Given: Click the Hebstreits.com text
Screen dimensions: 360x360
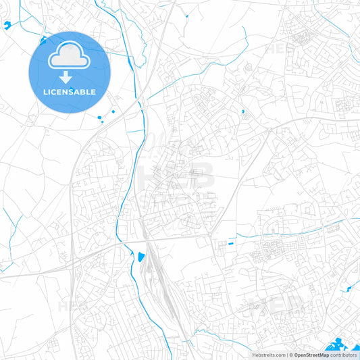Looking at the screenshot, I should pyautogui.click(x=267, y=355).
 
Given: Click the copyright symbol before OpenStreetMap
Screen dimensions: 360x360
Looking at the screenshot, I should pyautogui.click(x=290, y=355).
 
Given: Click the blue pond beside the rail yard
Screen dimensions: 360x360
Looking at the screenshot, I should pyautogui.click(x=140, y=257).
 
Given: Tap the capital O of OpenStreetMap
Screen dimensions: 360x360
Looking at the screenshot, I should pyautogui.click(x=297, y=355).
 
